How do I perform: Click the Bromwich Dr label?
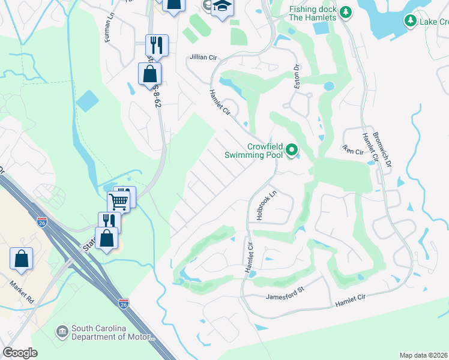coord(382,149)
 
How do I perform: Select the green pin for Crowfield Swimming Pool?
coord(292,149)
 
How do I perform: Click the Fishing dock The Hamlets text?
coord(313,13)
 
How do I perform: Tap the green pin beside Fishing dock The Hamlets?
coord(345,12)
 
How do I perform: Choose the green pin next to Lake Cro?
coord(411,22)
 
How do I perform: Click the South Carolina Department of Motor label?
coord(107,332)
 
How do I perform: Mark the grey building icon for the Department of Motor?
coord(62,332)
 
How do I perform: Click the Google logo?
coord(20,352)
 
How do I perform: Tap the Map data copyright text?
coord(424,355)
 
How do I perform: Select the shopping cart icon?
coord(119,201)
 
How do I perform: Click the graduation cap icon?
coord(222,7)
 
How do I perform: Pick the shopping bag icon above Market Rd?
coord(21,259)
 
